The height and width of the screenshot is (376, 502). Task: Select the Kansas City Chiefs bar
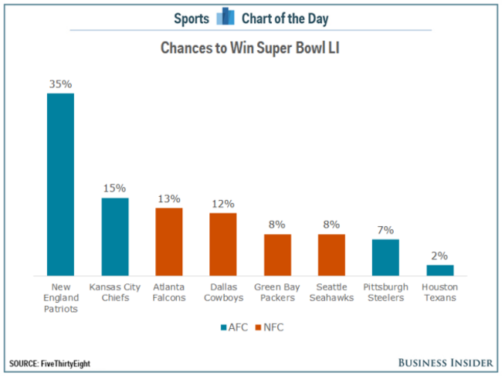[114, 236]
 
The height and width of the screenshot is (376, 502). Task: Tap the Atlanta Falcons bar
[168, 241]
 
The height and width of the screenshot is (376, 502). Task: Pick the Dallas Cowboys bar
[222, 243]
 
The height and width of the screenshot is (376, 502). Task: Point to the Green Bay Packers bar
[277, 255]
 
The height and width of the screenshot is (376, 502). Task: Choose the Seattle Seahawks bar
[331, 255]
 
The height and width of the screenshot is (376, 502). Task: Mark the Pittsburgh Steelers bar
[385, 257]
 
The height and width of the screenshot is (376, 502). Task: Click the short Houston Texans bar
[439, 270]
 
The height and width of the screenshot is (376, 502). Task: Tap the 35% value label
[60, 83]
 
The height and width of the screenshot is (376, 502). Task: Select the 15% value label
[114, 188]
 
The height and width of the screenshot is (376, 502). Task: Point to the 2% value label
[439, 255]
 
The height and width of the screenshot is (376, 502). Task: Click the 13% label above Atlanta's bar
[168, 198]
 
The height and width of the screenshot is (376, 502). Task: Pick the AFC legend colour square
[223, 327]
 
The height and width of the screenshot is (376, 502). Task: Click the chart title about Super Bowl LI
[251, 48]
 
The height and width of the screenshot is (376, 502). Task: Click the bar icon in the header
[226, 16]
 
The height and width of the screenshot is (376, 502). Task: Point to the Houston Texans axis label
[439, 293]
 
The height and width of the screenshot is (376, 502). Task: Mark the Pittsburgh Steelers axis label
[385, 293]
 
